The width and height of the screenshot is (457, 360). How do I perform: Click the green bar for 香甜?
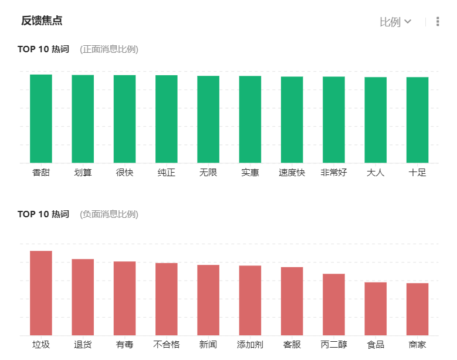41,119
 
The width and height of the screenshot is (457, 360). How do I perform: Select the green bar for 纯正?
167,119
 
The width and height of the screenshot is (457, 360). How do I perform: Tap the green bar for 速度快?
292,119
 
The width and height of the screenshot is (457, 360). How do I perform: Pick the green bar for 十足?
418,120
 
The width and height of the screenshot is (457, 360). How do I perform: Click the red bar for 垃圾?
41,293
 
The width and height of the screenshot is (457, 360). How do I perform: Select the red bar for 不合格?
167,299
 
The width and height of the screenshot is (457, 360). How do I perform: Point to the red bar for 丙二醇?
334,304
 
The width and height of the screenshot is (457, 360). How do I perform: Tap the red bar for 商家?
418,309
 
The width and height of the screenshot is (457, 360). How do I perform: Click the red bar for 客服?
292,301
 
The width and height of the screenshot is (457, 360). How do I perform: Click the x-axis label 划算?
83,173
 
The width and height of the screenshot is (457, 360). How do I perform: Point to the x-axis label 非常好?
334,173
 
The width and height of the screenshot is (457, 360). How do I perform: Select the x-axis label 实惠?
250,173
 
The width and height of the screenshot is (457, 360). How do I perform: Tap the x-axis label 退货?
83,345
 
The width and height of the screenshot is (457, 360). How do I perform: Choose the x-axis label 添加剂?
250,345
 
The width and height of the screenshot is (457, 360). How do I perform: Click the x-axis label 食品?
375,345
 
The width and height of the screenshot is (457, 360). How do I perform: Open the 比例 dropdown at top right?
395,22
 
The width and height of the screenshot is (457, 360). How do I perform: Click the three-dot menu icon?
438,22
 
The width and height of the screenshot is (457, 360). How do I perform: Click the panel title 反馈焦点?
42,21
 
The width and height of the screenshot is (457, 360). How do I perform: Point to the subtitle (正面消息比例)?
109,49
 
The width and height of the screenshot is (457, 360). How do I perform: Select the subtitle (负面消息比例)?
109,214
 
